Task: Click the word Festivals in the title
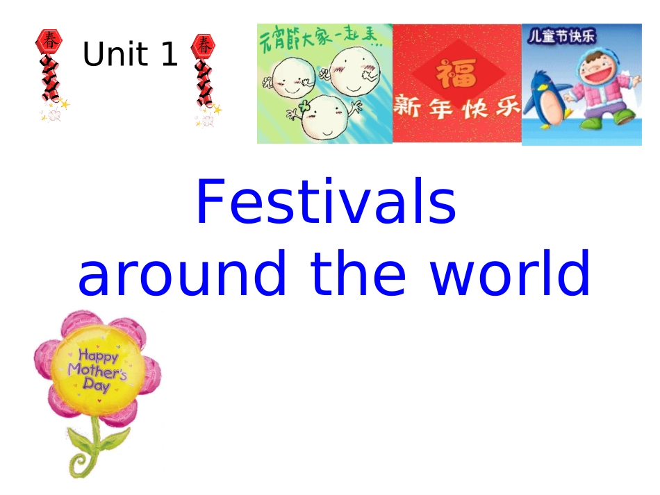[326, 203]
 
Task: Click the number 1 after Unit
[169, 54]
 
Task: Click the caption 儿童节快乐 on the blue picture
[561, 36]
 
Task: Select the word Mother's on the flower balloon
[97, 371]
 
